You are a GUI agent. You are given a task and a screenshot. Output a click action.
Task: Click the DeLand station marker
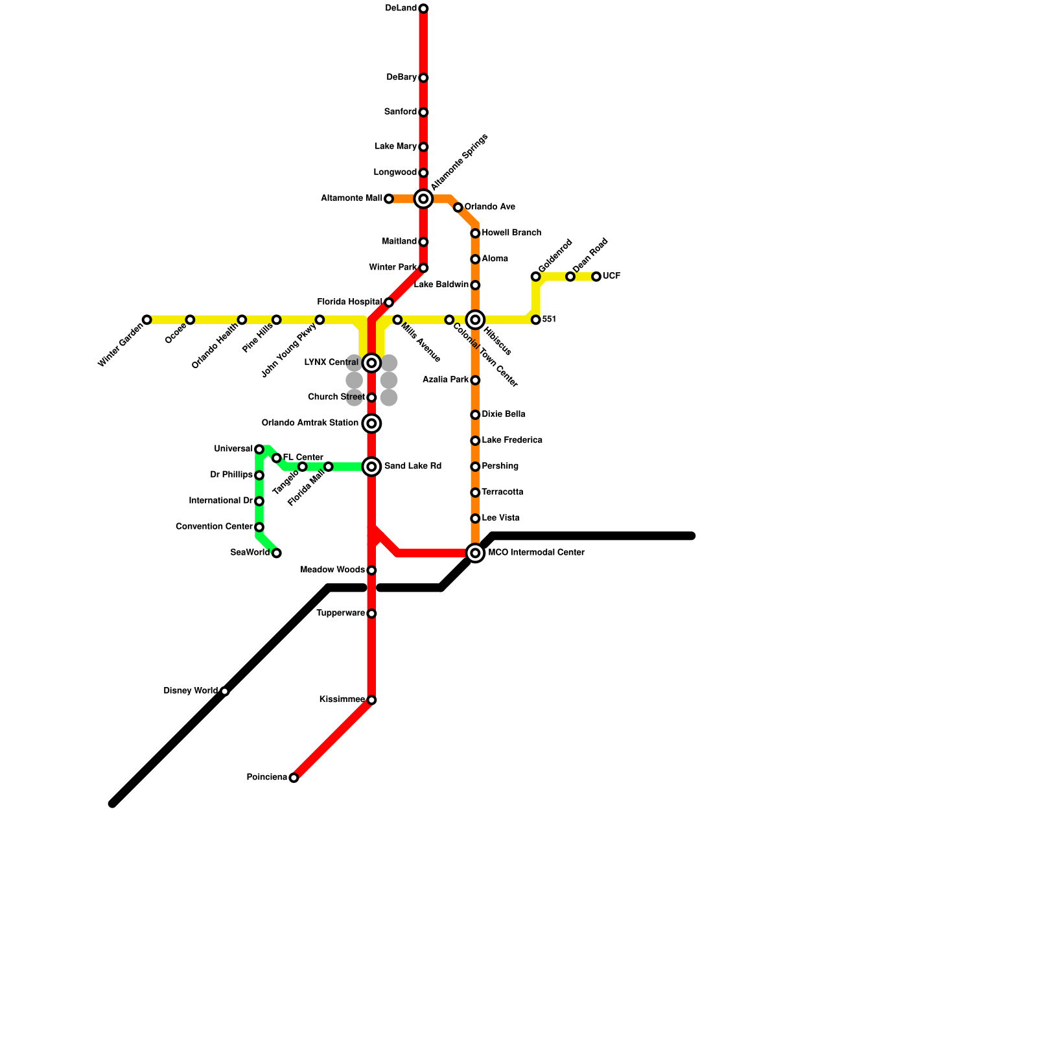click(423, 8)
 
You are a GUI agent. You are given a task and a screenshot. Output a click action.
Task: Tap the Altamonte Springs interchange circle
click(423, 199)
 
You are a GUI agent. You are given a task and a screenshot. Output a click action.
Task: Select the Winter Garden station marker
click(147, 320)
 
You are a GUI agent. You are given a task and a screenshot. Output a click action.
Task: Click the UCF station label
click(611, 277)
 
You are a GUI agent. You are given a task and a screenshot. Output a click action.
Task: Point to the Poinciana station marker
click(294, 778)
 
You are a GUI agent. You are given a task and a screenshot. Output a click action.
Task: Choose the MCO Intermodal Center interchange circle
click(475, 553)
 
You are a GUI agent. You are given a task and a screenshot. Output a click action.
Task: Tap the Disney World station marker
click(225, 692)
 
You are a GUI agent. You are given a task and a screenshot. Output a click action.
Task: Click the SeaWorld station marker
click(277, 553)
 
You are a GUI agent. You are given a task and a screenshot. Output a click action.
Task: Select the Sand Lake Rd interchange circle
click(371, 467)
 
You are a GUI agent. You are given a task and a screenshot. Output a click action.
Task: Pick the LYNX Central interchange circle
click(371, 363)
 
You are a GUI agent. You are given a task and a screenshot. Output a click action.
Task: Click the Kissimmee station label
click(342, 700)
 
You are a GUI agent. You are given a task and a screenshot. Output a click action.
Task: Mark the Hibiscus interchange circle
click(475, 320)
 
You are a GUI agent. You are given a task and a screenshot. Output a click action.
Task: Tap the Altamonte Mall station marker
click(389, 199)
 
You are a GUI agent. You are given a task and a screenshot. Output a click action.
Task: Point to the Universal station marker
click(259, 449)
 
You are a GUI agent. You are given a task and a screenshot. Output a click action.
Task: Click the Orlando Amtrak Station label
click(310, 423)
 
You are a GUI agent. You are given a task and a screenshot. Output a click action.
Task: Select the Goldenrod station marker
click(536, 277)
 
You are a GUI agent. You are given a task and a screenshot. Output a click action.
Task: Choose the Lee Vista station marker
click(475, 518)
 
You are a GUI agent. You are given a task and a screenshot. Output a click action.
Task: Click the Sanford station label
click(400, 112)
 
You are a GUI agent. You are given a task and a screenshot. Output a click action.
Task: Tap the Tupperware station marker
click(371, 614)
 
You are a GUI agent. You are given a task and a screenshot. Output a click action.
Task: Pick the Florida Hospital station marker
click(389, 303)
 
